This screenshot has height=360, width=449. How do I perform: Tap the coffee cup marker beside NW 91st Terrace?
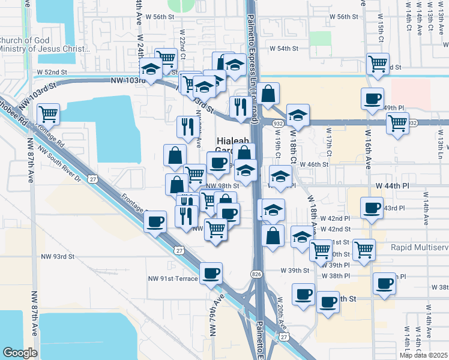click(211, 274)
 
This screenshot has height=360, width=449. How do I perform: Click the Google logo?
click(20, 353)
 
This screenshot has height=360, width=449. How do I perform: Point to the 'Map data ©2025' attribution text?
click(423, 355)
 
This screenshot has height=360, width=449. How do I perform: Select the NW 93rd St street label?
click(57, 256)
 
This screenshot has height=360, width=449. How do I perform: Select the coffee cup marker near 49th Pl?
click(372, 98)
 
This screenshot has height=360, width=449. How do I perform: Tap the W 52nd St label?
click(51, 72)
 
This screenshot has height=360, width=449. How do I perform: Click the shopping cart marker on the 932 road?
click(397, 122)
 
